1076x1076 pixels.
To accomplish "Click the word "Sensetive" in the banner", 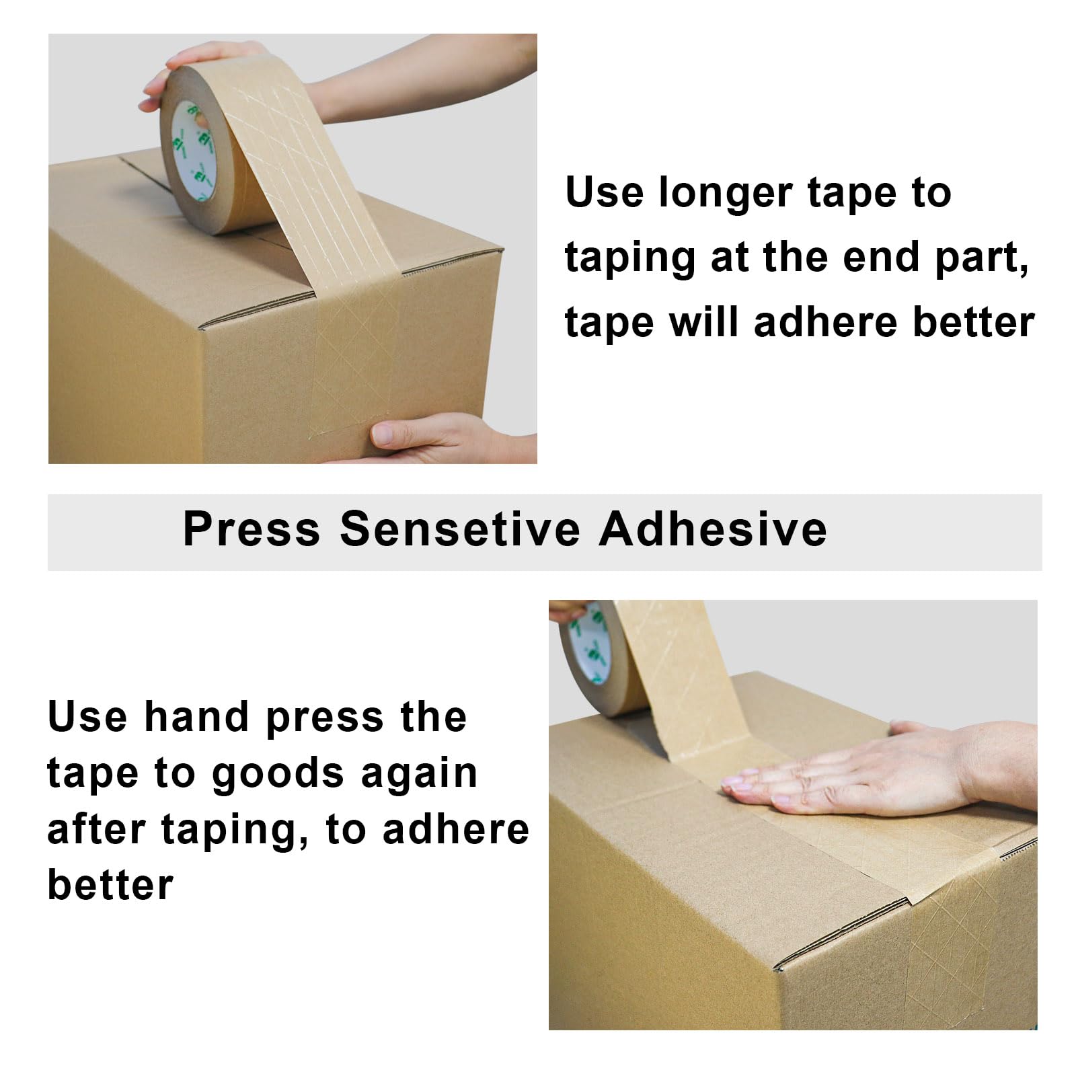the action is tap(459, 529).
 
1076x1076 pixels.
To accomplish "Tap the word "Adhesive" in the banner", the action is tap(713, 529).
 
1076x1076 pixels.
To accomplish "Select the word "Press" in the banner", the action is tap(252, 529).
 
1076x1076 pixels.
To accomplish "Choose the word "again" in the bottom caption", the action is tap(419, 775).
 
